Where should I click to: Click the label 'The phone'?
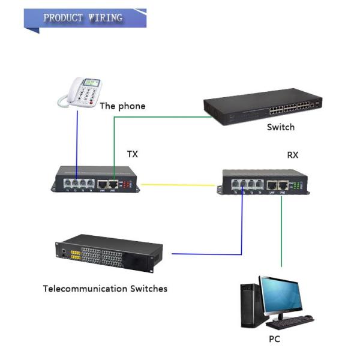pos(122,106)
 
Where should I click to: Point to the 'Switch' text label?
pos(281,127)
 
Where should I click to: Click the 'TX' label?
pos(132,154)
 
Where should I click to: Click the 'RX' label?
pos(293,155)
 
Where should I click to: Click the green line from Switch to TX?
pos(156,117)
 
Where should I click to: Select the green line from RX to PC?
pos(281,234)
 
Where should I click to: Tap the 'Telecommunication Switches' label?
pos(105,289)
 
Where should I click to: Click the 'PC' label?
pos(274,339)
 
